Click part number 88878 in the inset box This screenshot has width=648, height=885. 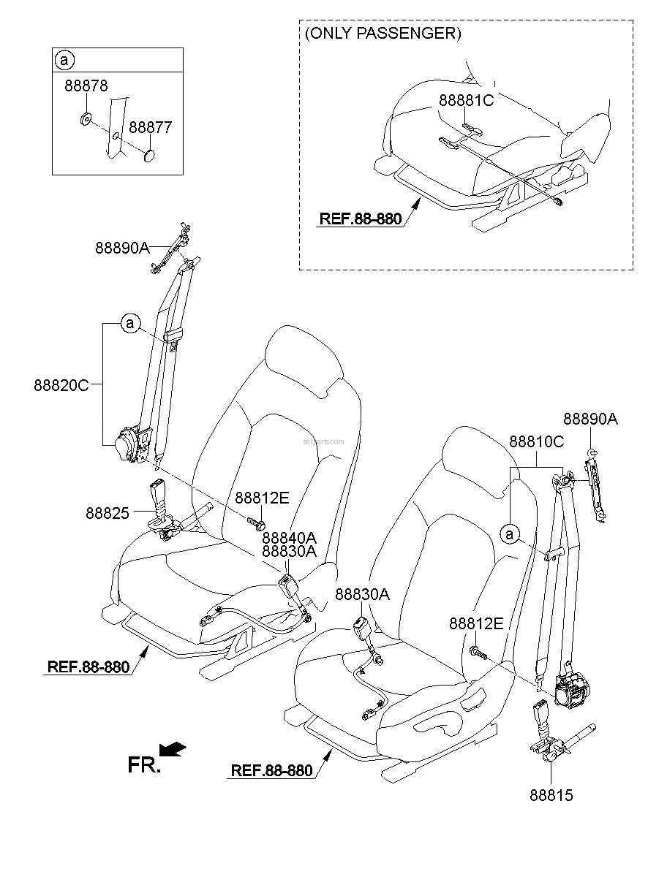click(x=86, y=86)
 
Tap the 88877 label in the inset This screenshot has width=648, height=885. click(x=151, y=127)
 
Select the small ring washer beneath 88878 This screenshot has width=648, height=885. click(x=86, y=118)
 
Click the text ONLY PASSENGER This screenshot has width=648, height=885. click(x=383, y=34)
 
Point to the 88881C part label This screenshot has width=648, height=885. click(x=466, y=100)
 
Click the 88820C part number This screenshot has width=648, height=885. click(x=61, y=384)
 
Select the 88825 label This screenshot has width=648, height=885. click(x=108, y=513)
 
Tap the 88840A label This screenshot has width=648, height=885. click(x=290, y=537)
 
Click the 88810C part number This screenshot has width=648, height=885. click(x=536, y=441)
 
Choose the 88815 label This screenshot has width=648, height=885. click(x=551, y=795)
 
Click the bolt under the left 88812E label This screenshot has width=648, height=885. click(x=256, y=524)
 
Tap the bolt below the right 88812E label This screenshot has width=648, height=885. click(x=478, y=653)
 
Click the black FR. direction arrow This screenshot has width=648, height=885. click(x=172, y=748)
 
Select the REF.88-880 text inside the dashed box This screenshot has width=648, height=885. click(x=360, y=219)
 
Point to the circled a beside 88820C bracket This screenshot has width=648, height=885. click(x=130, y=324)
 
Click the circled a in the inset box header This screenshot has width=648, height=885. click(x=64, y=61)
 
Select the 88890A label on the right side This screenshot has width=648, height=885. click(x=590, y=419)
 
